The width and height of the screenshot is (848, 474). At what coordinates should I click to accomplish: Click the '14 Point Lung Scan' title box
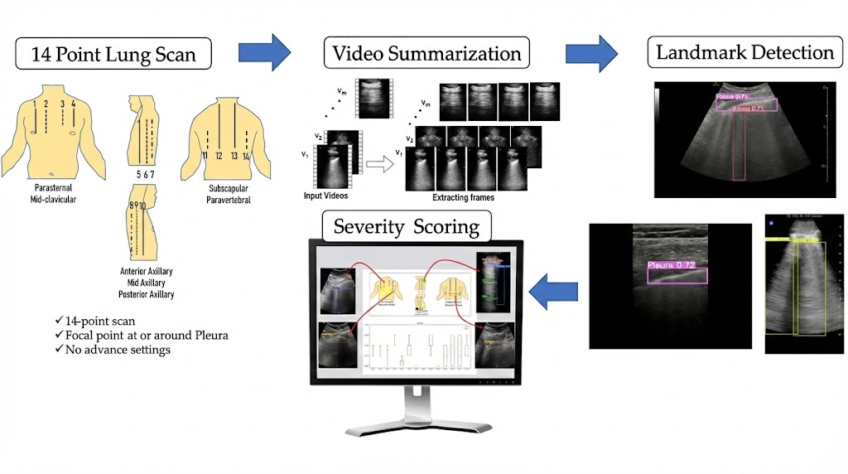pos(114,55)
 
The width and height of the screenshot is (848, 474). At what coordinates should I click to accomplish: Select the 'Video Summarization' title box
pos(426,54)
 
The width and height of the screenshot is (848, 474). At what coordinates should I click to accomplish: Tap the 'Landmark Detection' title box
pos(744,53)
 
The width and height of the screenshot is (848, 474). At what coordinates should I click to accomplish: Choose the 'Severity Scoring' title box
pos(407,227)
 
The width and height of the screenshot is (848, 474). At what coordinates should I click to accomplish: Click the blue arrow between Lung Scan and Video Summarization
pos(264,54)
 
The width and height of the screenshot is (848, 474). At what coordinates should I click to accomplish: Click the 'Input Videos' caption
pos(325,196)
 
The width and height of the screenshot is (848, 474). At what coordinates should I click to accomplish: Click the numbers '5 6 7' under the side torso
pos(146,175)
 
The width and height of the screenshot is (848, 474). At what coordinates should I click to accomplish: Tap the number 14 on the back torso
pos(246,155)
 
